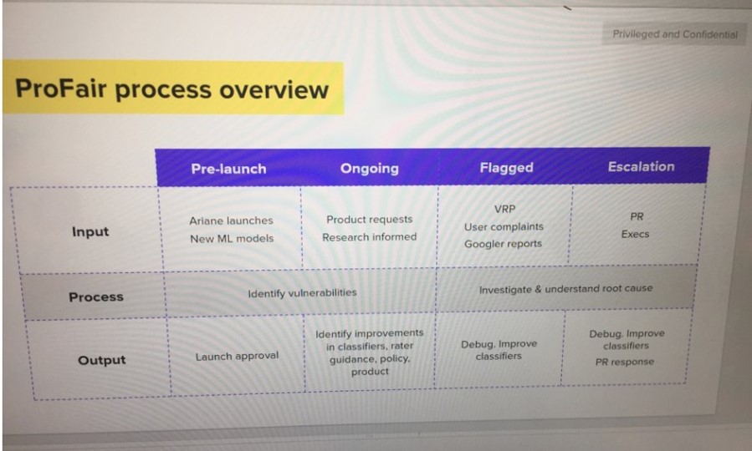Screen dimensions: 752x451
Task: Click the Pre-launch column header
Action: tap(228, 169)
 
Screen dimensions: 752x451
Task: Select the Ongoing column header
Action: tap(369, 169)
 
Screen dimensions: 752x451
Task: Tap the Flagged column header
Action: tap(506, 168)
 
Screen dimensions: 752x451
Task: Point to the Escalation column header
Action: tap(642, 166)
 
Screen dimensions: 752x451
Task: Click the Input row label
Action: tap(90, 231)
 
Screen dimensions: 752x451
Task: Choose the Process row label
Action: tap(96, 296)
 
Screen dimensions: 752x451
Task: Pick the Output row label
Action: tap(102, 360)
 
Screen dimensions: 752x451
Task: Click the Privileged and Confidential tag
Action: tap(675, 34)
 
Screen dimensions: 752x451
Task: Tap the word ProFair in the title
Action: tap(60, 89)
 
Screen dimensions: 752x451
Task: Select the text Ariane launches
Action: tap(231, 220)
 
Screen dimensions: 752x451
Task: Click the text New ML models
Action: tap(232, 238)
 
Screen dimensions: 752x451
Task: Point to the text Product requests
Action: tap(369, 220)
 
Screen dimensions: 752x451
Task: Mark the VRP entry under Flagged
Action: tap(504, 210)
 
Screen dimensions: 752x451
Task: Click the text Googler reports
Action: tap(503, 244)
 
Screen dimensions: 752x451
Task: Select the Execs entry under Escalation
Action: tap(635, 234)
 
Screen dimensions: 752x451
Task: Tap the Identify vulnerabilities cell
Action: tap(302, 293)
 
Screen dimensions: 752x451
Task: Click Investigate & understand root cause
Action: tap(566, 289)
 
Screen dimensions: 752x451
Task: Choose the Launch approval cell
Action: tap(237, 356)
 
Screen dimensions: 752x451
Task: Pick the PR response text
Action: tap(624, 362)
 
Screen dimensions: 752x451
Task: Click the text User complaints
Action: tap(504, 226)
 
